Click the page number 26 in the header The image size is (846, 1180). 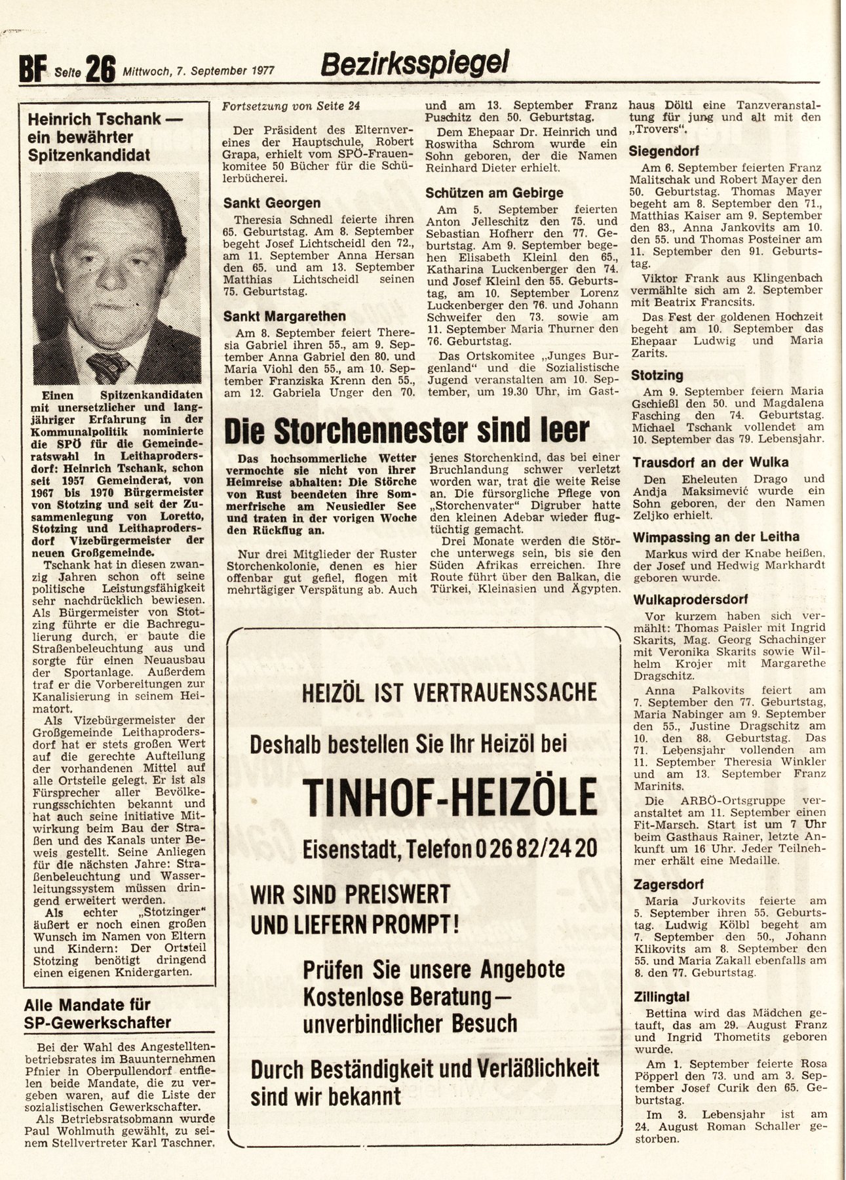[100, 69]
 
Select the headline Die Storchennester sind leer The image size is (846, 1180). [406, 431]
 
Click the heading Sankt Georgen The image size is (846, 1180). [272, 203]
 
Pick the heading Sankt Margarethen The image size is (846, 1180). [284, 316]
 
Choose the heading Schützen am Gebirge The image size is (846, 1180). [494, 193]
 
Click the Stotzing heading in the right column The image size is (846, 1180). [657, 376]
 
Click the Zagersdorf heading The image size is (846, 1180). [664, 884]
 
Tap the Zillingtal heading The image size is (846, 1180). [661, 997]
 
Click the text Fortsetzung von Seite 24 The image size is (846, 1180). [291, 106]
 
